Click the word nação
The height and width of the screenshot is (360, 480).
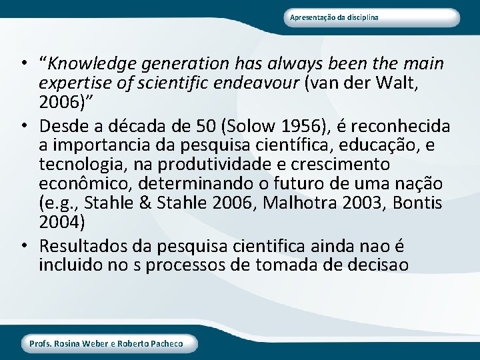(423, 183)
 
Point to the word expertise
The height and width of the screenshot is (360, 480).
(72, 83)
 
